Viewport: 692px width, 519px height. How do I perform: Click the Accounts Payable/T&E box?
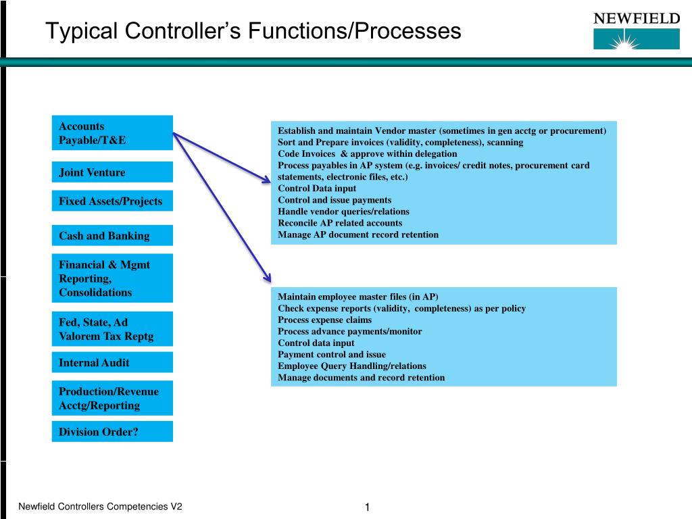click(112, 133)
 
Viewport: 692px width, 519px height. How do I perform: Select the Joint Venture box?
click(112, 172)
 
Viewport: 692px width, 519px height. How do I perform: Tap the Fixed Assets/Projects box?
click(112, 201)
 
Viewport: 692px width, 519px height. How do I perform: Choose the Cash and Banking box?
click(112, 236)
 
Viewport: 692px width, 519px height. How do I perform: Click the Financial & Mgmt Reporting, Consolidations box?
click(112, 278)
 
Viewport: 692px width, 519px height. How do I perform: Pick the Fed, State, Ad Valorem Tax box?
click(112, 329)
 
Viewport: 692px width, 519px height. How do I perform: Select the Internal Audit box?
click(112, 362)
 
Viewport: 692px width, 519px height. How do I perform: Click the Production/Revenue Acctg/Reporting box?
click(112, 399)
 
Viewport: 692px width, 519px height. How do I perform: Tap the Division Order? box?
click(112, 432)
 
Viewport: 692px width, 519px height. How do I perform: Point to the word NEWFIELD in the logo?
click(637, 19)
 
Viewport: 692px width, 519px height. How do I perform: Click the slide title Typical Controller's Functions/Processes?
click(253, 31)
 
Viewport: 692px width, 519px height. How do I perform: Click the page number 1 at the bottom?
click(367, 508)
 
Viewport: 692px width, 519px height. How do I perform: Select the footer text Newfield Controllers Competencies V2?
click(100, 507)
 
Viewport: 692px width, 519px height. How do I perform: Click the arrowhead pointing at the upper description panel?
click(265, 179)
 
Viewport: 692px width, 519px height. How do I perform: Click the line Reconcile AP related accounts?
click(340, 223)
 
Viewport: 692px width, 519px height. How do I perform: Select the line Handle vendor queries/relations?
click(343, 212)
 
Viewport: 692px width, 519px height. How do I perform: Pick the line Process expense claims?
click(324, 320)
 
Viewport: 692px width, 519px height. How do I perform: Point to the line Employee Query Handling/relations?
click(352, 366)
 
